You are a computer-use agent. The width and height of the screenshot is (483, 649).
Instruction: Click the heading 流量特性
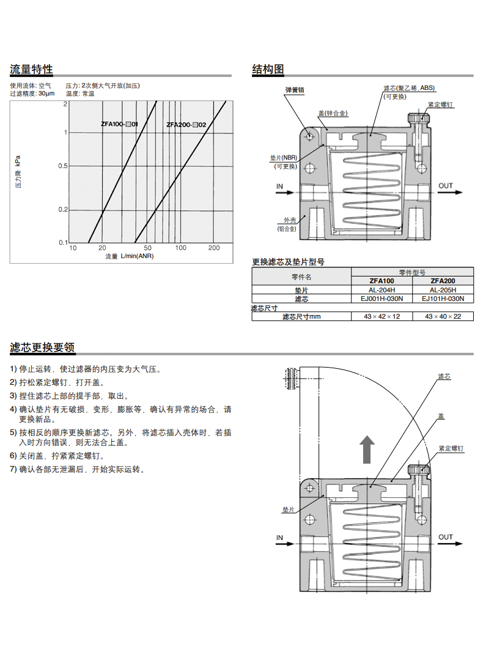pos(31,69)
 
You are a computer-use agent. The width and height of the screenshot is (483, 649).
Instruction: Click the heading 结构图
pos(268,69)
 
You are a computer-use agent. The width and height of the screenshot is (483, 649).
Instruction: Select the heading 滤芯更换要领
pos(42,347)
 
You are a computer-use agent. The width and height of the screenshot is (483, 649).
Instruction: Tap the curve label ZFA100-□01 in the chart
pos(119,124)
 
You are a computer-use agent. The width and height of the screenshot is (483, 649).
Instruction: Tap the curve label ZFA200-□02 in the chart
pos(186,125)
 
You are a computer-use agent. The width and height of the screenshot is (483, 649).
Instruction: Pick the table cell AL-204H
pos(382,290)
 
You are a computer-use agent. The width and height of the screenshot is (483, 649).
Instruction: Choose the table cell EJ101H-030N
pos(443,299)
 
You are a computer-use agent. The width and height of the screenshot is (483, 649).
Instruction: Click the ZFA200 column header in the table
pos(443,281)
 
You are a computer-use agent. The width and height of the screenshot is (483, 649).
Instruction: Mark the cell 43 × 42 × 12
pos(382,316)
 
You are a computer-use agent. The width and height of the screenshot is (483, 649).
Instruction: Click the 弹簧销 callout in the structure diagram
pos(294,90)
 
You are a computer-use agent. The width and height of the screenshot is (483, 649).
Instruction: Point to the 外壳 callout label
pos(289,221)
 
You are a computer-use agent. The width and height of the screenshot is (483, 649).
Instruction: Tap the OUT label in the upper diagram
pos(446,186)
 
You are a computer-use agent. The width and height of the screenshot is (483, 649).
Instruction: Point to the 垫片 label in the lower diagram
pos(289,509)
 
